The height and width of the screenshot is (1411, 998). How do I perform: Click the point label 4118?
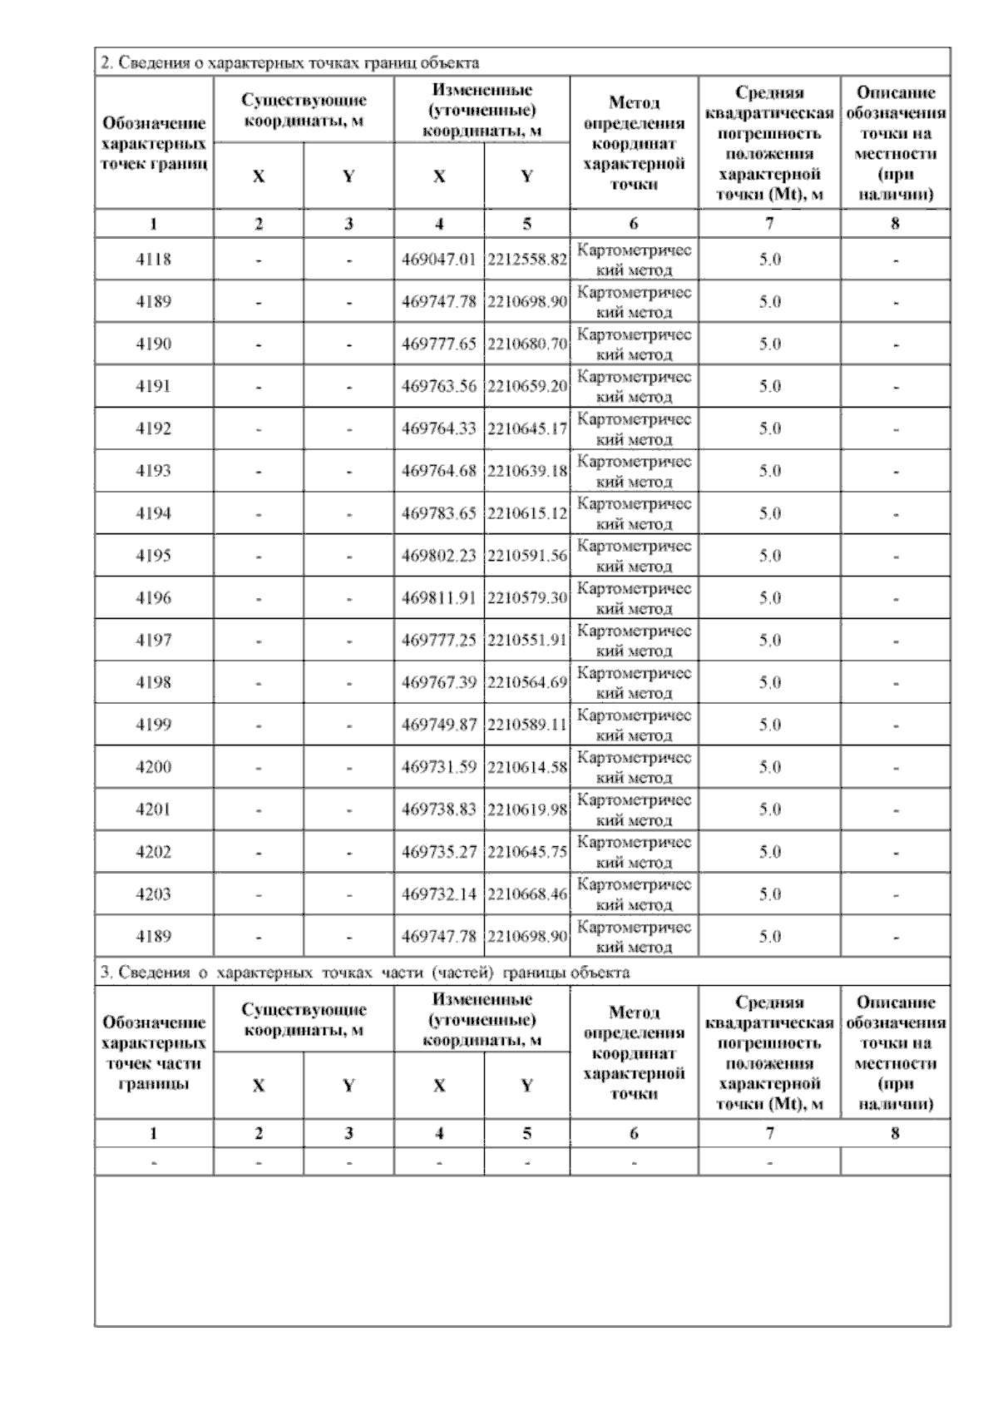click(153, 260)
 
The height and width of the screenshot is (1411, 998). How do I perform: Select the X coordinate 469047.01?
click(439, 260)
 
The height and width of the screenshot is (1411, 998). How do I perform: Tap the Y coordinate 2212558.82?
click(527, 260)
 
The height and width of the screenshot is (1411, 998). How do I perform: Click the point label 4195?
click(153, 556)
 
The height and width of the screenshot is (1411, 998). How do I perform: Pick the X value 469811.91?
click(439, 598)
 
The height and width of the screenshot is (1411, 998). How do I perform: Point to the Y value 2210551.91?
click(527, 641)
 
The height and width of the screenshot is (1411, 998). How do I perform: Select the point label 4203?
click(153, 894)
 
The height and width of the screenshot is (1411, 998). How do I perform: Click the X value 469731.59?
click(439, 767)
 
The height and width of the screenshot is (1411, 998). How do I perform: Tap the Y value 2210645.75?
click(527, 852)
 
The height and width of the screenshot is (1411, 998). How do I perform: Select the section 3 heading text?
click(364, 973)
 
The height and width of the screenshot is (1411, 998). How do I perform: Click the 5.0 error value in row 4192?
click(769, 429)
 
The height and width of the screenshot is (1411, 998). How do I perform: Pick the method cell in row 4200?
click(635, 767)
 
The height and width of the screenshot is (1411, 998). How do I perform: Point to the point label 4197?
click(153, 641)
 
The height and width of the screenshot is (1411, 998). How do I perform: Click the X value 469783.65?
click(439, 513)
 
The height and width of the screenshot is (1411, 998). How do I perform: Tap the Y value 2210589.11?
click(527, 725)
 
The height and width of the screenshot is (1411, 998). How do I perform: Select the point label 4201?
click(153, 809)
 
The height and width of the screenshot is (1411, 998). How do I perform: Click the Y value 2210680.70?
click(527, 344)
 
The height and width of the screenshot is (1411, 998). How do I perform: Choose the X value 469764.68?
click(439, 471)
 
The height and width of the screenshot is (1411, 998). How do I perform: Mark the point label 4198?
click(153, 683)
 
